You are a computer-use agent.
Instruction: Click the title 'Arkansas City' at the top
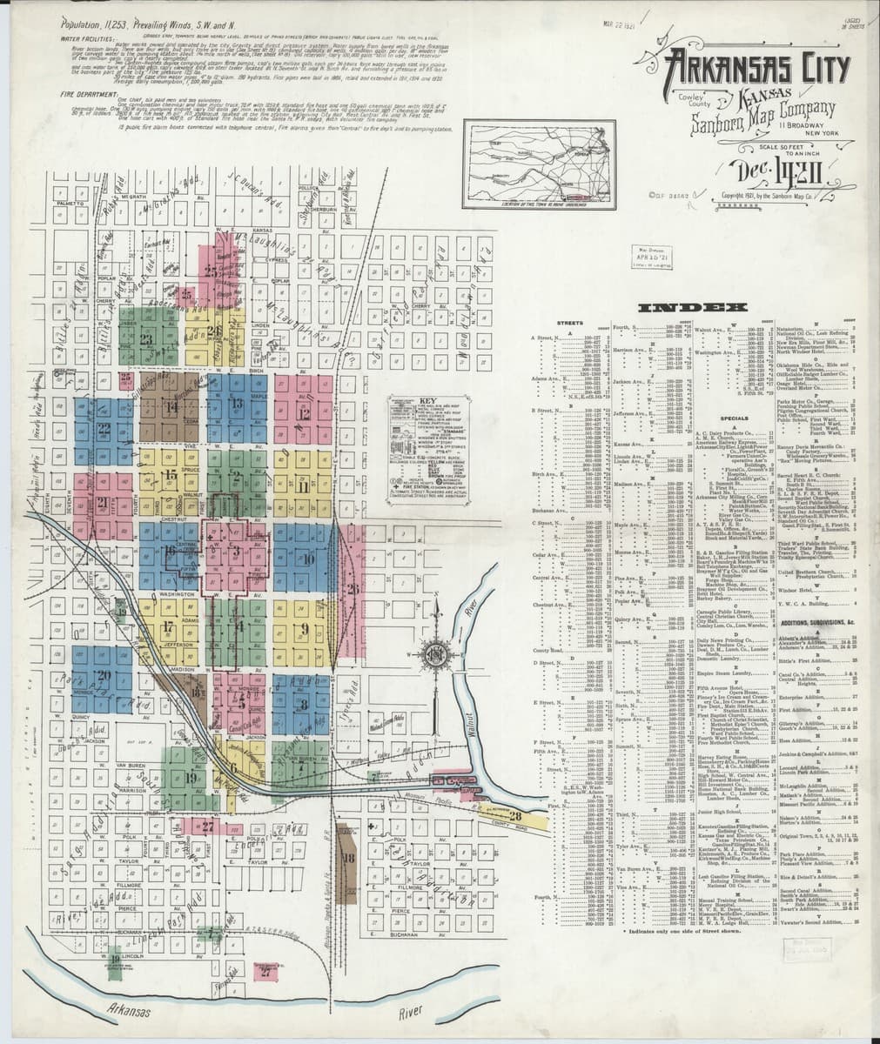coord(750,67)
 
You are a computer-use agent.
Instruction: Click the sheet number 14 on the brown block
coord(171,406)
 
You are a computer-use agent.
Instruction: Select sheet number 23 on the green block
coord(146,338)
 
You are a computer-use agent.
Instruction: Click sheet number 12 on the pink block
coord(304,414)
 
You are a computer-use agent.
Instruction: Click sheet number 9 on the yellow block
coord(304,627)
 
